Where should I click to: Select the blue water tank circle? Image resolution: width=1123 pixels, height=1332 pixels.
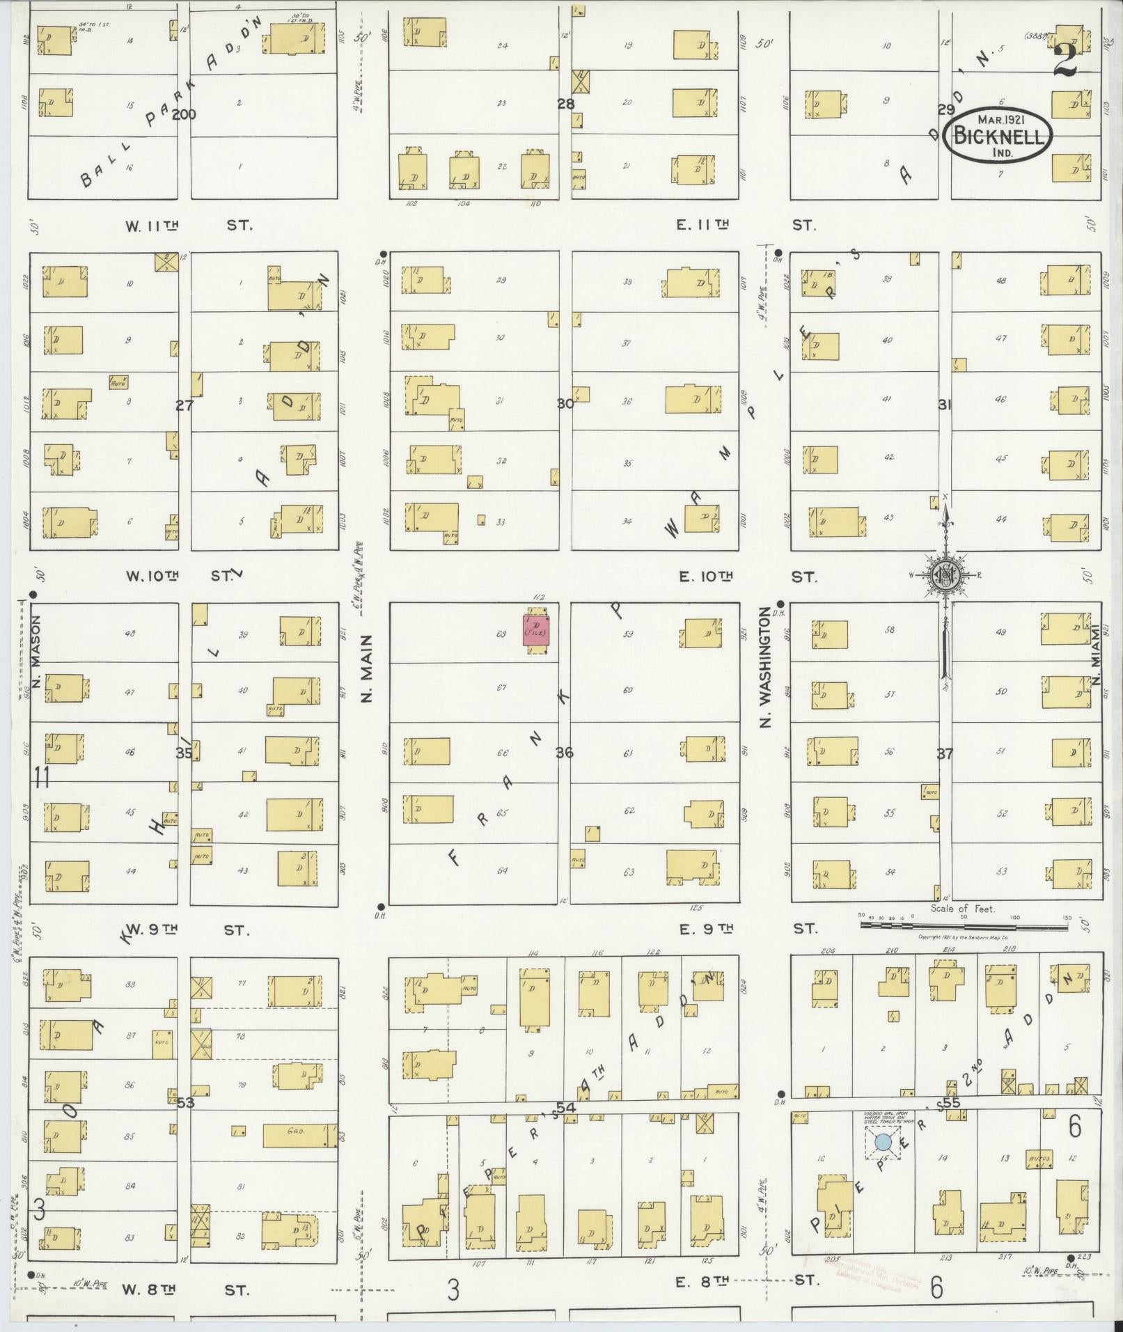pos(883,1141)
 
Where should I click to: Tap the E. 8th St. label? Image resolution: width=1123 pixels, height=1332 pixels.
pos(745,1280)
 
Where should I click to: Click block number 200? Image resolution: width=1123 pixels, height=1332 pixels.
pos(184,114)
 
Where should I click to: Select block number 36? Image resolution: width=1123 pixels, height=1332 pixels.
pos(564,753)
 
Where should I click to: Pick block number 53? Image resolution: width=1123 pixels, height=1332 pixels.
pos(185,1103)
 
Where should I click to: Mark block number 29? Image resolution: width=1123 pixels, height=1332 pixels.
pos(945,109)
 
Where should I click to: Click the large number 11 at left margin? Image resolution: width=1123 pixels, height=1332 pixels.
pos(42,776)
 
